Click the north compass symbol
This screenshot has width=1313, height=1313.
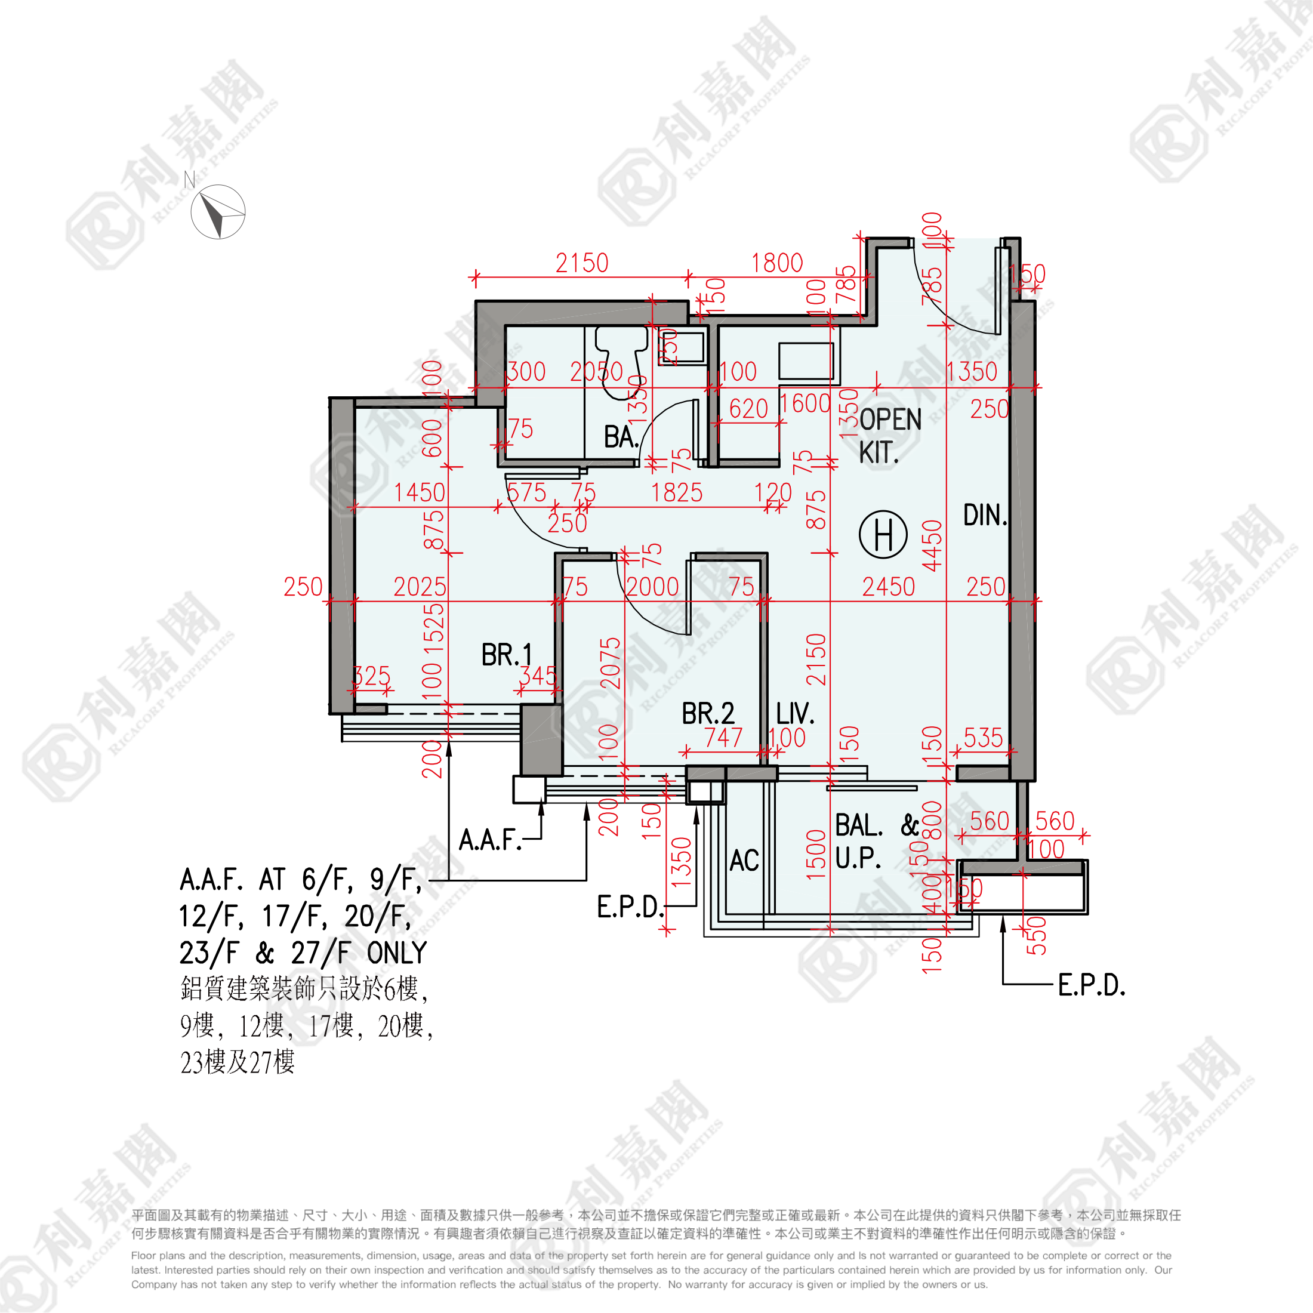[x=217, y=212]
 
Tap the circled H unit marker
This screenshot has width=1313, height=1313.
[x=883, y=534]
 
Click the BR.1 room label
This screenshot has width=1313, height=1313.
[x=506, y=655]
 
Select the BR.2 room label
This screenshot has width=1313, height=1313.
[x=708, y=714]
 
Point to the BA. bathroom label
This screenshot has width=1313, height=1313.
[x=621, y=437]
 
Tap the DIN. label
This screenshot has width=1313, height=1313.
[x=985, y=515]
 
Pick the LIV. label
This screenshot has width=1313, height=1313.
[x=795, y=714]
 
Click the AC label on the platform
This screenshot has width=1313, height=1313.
[x=744, y=861]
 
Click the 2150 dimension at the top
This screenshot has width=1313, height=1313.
[x=582, y=263]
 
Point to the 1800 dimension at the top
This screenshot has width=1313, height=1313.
[x=777, y=263]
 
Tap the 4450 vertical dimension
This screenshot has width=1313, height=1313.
[x=932, y=545]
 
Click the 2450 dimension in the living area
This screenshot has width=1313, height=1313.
[x=888, y=587]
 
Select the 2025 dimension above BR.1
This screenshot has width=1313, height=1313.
[x=420, y=587]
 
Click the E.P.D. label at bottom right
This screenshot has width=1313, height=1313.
[x=1092, y=985]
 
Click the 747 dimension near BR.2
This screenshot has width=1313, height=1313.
[x=723, y=738]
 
